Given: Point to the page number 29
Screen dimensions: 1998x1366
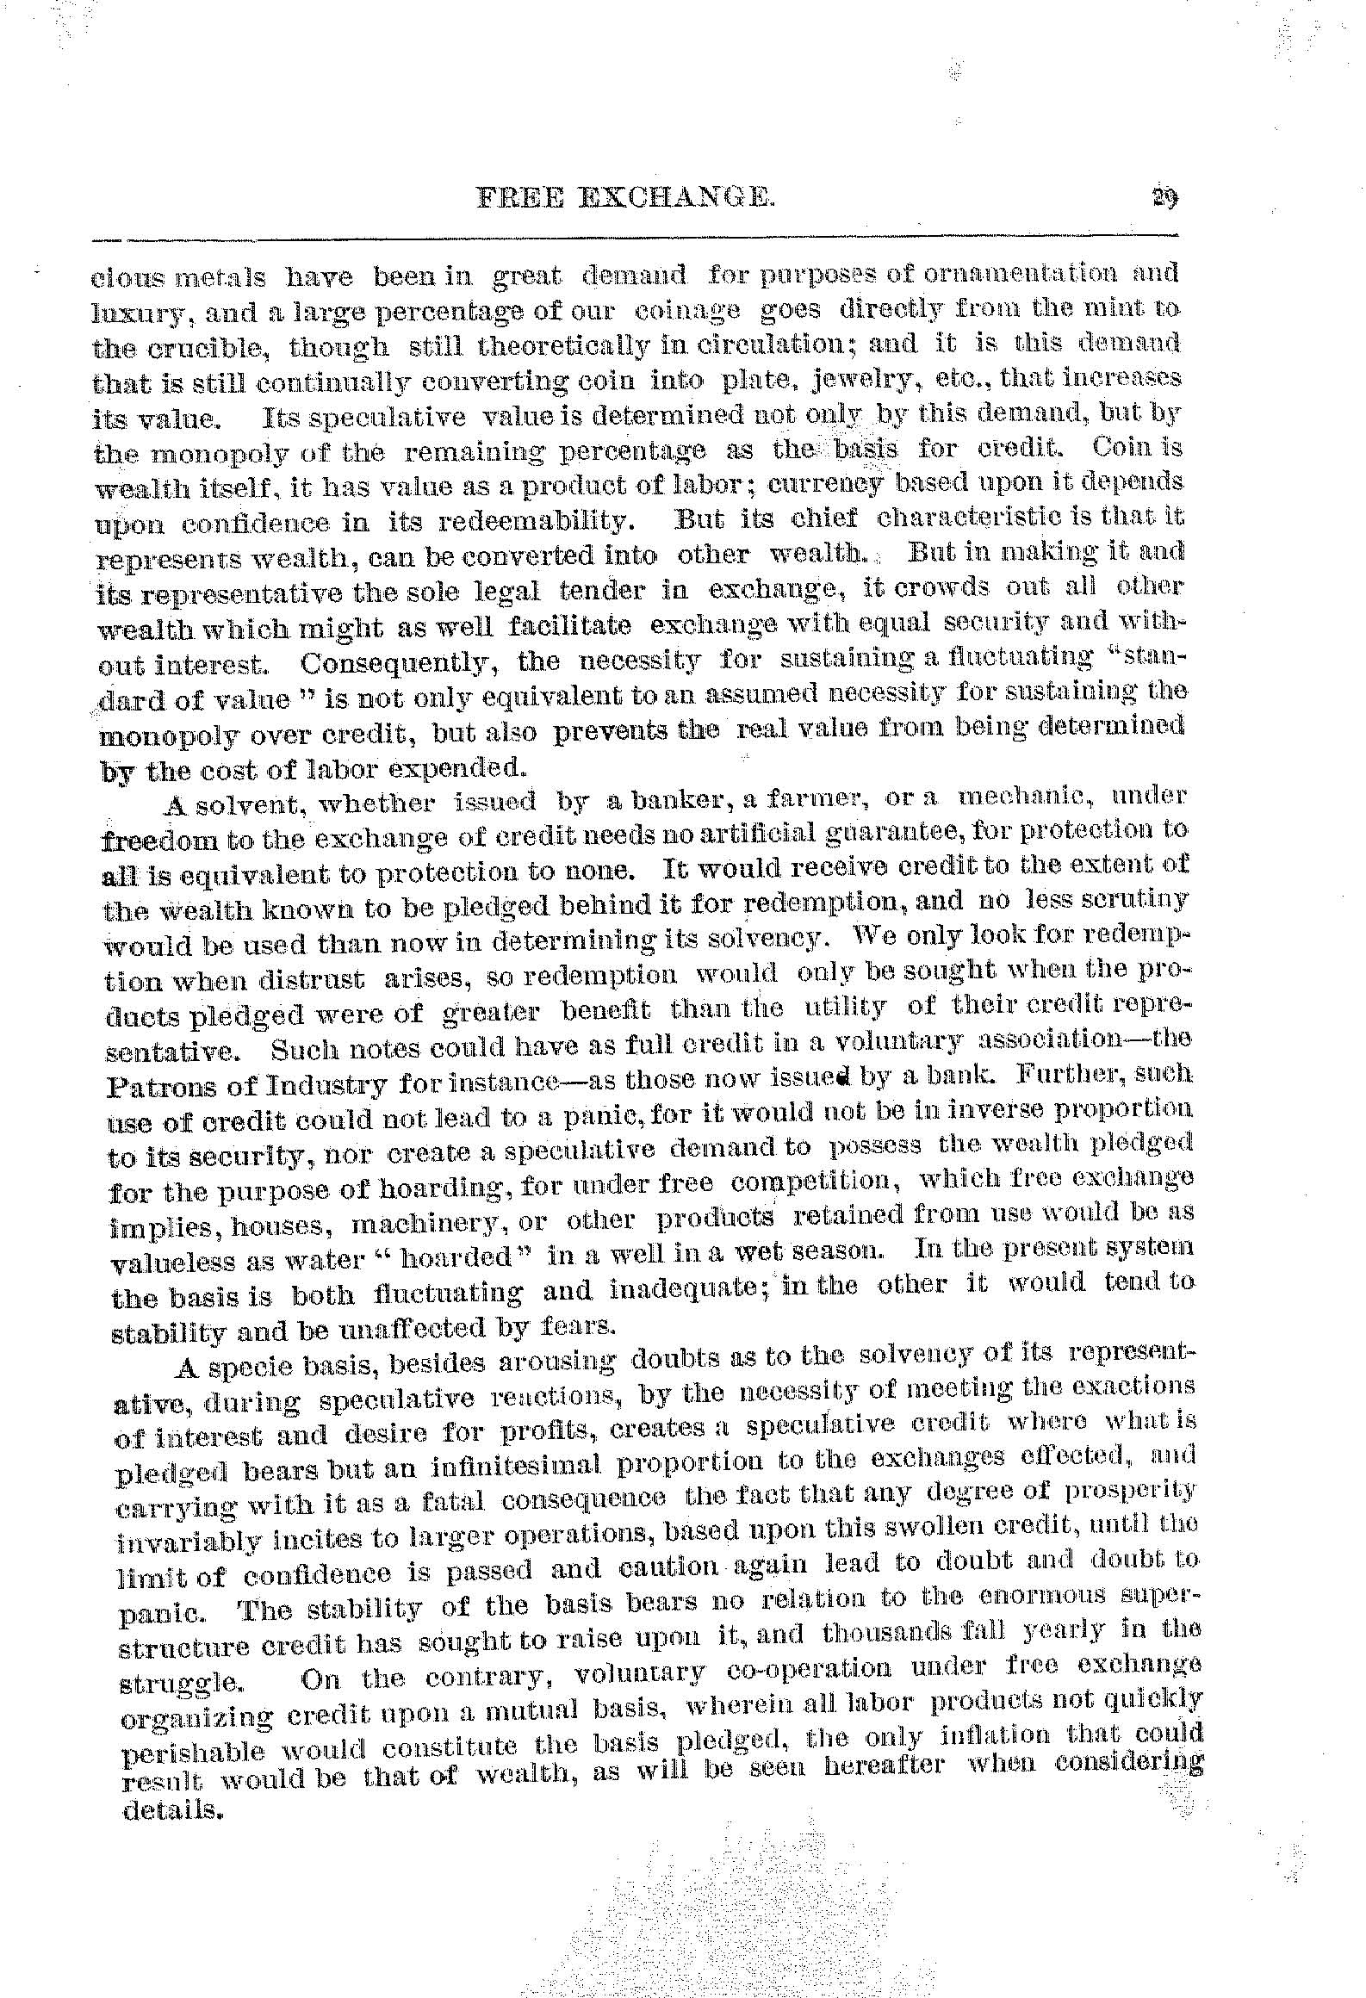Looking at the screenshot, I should coord(1165,200).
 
